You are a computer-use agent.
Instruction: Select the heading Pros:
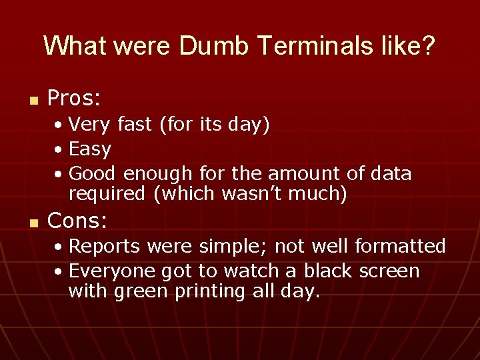(x=74, y=99)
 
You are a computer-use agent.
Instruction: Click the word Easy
(x=90, y=149)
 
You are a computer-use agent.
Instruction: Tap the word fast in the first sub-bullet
(x=136, y=125)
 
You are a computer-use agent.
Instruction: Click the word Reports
(x=105, y=247)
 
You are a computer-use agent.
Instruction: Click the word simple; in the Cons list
(x=224, y=247)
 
